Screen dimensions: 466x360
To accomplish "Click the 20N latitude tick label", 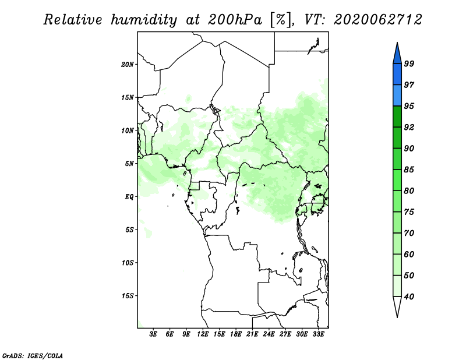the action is click(x=127, y=65).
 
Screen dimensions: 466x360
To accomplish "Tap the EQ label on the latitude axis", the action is click(x=129, y=197).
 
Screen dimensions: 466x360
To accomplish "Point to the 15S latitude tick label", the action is click(x=127, y=296).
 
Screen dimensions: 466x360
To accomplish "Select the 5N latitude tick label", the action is click(x=129, y=164).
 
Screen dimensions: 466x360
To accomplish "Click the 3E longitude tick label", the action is click(x=153, y=334).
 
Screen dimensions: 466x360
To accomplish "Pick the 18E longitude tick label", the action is click(x=236, y=334).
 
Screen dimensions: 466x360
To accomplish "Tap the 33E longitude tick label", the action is click(x=318, y=334).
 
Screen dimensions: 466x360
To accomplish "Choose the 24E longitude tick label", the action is click(x=269, y=334).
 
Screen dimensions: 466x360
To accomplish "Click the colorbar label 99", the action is click(x=409, y=63).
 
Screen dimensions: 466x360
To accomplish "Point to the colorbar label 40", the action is click(x=409, y=297).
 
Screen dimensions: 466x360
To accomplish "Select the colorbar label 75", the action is click(x=409, y=212).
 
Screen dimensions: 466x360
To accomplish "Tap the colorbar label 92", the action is click(x=409, y=127).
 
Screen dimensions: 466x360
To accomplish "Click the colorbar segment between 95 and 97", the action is click(x=397, y=96).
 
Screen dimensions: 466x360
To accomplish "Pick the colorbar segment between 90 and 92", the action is click(x=397, y=137).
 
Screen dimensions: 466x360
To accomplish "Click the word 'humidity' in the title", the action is click(x=144, y=20).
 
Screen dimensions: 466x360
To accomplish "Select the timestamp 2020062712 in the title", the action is click(x=377, y=20).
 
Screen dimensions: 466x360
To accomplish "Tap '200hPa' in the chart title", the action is click(x=235, y=20).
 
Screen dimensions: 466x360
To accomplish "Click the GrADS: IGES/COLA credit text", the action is click(x=33, y=355).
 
